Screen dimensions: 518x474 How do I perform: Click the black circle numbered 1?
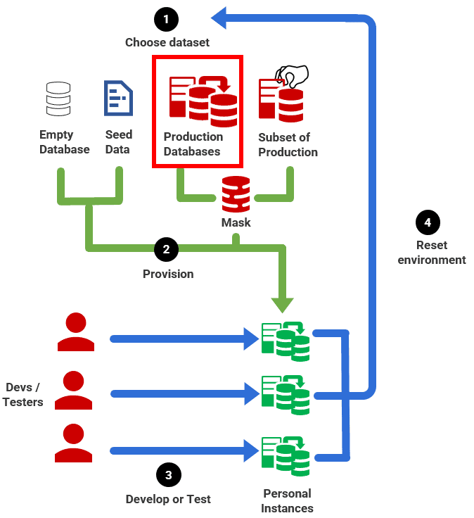click(167, 19)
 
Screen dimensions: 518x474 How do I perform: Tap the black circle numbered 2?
click(167, 249)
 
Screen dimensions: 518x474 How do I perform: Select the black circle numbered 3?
click(168, 475)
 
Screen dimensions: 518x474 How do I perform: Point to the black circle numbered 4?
click(428, 223)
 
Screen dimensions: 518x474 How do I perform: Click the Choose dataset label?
click(167, 42)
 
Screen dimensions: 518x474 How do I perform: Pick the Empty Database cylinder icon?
click(58, 99)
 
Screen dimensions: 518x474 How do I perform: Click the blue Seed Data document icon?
click(118, 98)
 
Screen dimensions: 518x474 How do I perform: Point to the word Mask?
click(236, 222)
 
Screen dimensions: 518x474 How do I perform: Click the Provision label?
click(168, 274)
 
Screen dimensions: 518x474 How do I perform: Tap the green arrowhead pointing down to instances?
click(283, 303)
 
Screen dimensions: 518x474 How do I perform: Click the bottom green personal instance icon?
click(285, 456)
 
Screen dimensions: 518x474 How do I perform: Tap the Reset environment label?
click(431, 253)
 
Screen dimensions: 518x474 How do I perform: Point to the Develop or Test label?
click(168, 499)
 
